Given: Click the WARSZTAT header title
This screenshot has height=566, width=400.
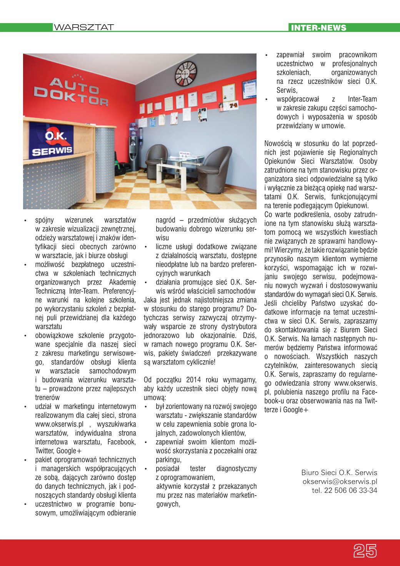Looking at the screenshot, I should coord(84,27).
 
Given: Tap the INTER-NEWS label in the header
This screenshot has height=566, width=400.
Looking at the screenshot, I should coord(318,28).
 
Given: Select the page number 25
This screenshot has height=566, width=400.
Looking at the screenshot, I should coord(365,551).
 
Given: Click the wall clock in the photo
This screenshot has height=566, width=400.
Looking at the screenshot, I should coord(186,73).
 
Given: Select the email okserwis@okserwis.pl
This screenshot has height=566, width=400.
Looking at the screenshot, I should coord(340,481).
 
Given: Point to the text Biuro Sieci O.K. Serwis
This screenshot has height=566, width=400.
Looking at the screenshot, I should coord(339,473).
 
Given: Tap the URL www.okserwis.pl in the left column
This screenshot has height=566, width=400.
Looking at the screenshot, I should coord(59,424).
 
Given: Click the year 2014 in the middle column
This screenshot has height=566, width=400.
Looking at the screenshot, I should coord(193,380).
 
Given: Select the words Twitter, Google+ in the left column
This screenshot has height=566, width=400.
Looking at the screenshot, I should coord(58,451).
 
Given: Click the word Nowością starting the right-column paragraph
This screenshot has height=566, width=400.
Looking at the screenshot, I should coord(278,144).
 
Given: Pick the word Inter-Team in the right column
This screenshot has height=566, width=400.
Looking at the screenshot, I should coord(362,99).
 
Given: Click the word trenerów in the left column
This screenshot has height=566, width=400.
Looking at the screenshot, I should coord(48,397).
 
